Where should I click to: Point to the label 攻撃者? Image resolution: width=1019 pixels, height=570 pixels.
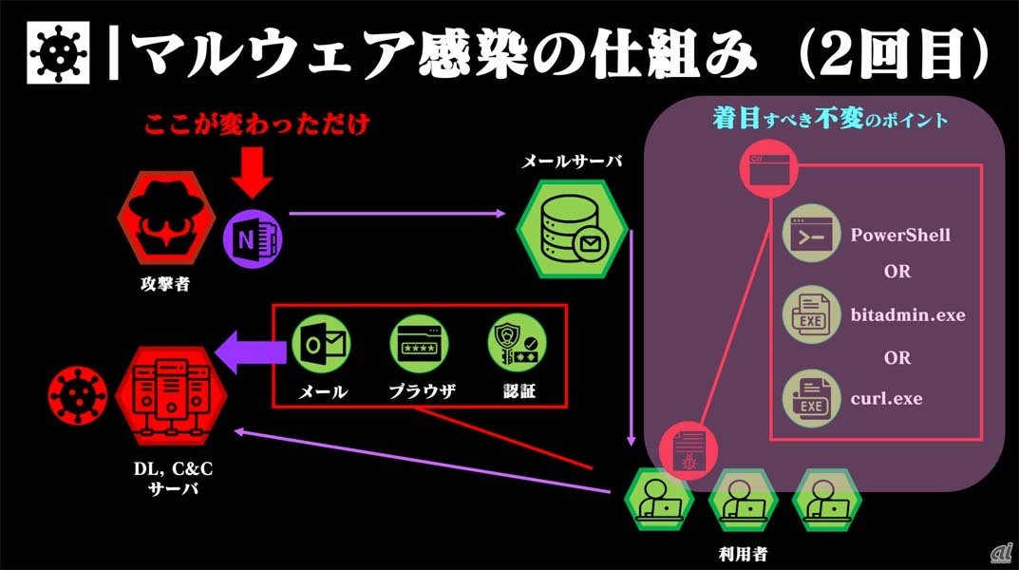(x=163, y=281)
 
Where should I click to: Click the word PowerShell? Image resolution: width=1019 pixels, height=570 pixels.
(x=899, y=234)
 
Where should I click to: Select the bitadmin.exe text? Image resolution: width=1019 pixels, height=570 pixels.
(x=907, y=314)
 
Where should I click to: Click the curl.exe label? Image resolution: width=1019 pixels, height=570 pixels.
(x=886, y=398)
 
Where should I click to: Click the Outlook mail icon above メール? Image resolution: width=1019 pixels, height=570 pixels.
(x=321, y=345)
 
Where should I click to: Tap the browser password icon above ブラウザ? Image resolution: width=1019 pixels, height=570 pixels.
(x=419, y=345)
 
